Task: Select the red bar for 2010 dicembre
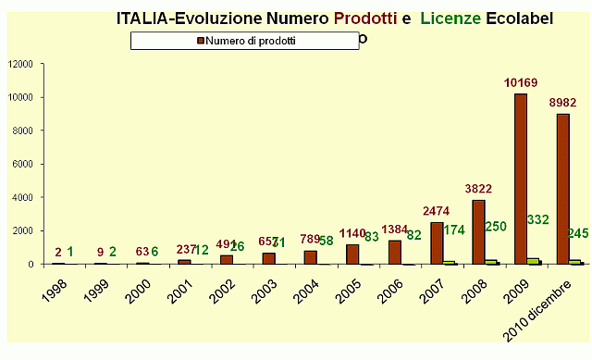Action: (x=563, y=189)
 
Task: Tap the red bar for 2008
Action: (x=478, y=231)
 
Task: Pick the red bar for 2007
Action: (x=437, y=242)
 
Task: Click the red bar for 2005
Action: (x=352, y=254)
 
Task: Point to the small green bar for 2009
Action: (x=535, y=261)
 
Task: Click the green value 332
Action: (x=538, y=219)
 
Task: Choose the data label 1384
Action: (x=393, y=229)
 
